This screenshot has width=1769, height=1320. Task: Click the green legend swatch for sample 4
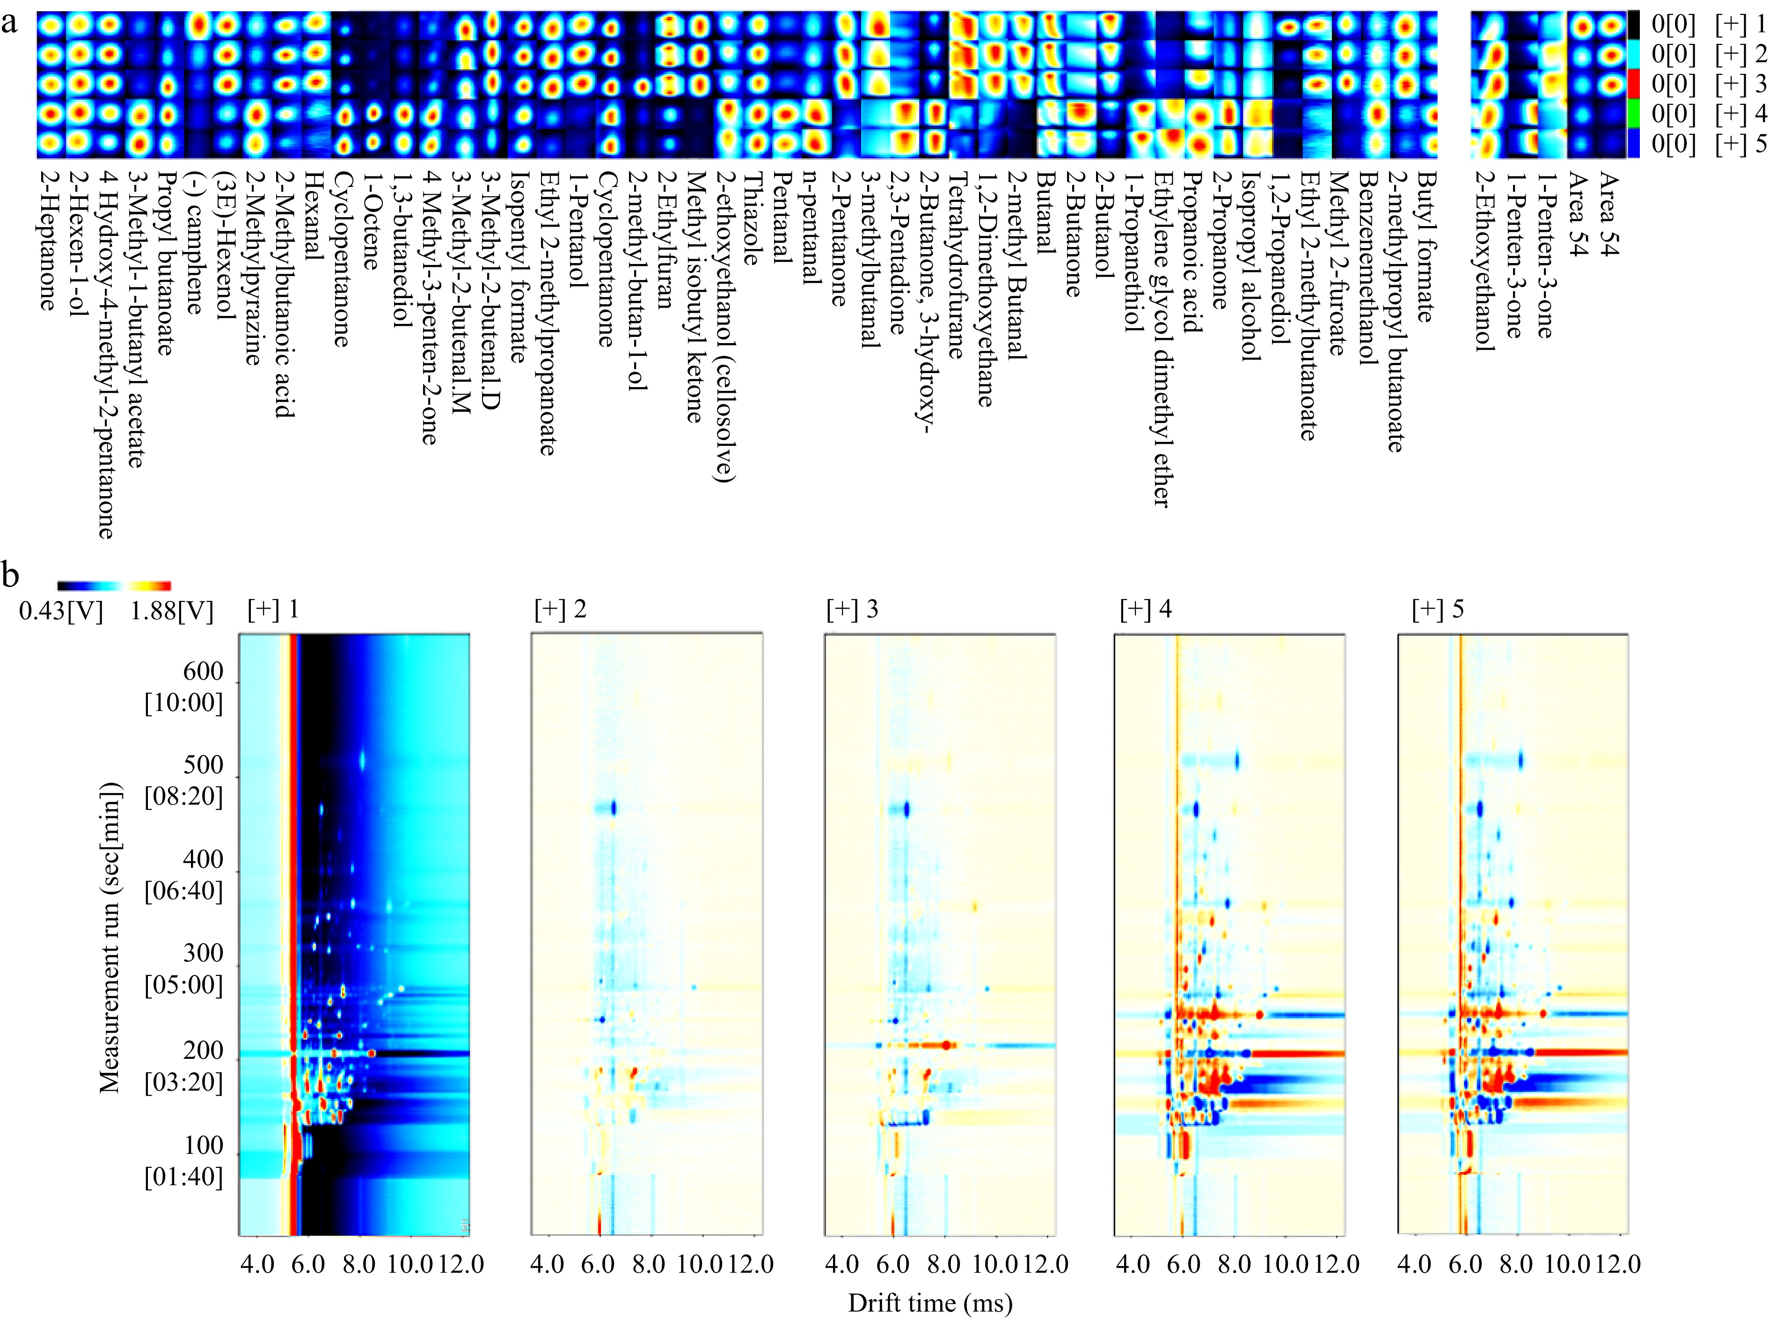(x=1633, y=113)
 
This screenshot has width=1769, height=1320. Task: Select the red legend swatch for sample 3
(x=1633, y=83)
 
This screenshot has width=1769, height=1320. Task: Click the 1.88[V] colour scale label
(x=172, y=611)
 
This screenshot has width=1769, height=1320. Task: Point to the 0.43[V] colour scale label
(x=61, y=611)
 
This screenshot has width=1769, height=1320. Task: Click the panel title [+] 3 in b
(x=851, y=609)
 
